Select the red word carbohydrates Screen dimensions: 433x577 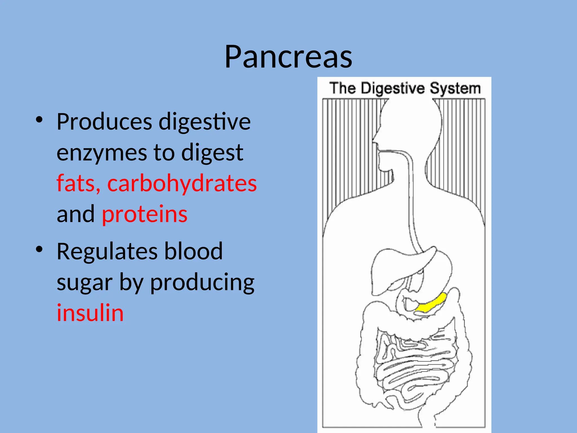click(x=182, y=183)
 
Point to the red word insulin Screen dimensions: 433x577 click(x=90, y=313)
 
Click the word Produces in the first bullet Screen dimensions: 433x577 click(x=104, y=122)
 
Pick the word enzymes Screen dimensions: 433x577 click(x=102, y=153)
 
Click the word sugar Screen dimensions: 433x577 click(x=85, y=282)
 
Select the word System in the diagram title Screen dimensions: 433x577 click(x=455, y=88)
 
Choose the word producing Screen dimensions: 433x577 click(x=202, y=282)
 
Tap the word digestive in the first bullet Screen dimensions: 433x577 click(x=205, y=122)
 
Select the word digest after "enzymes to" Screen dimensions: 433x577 click(x=212, y=153)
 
